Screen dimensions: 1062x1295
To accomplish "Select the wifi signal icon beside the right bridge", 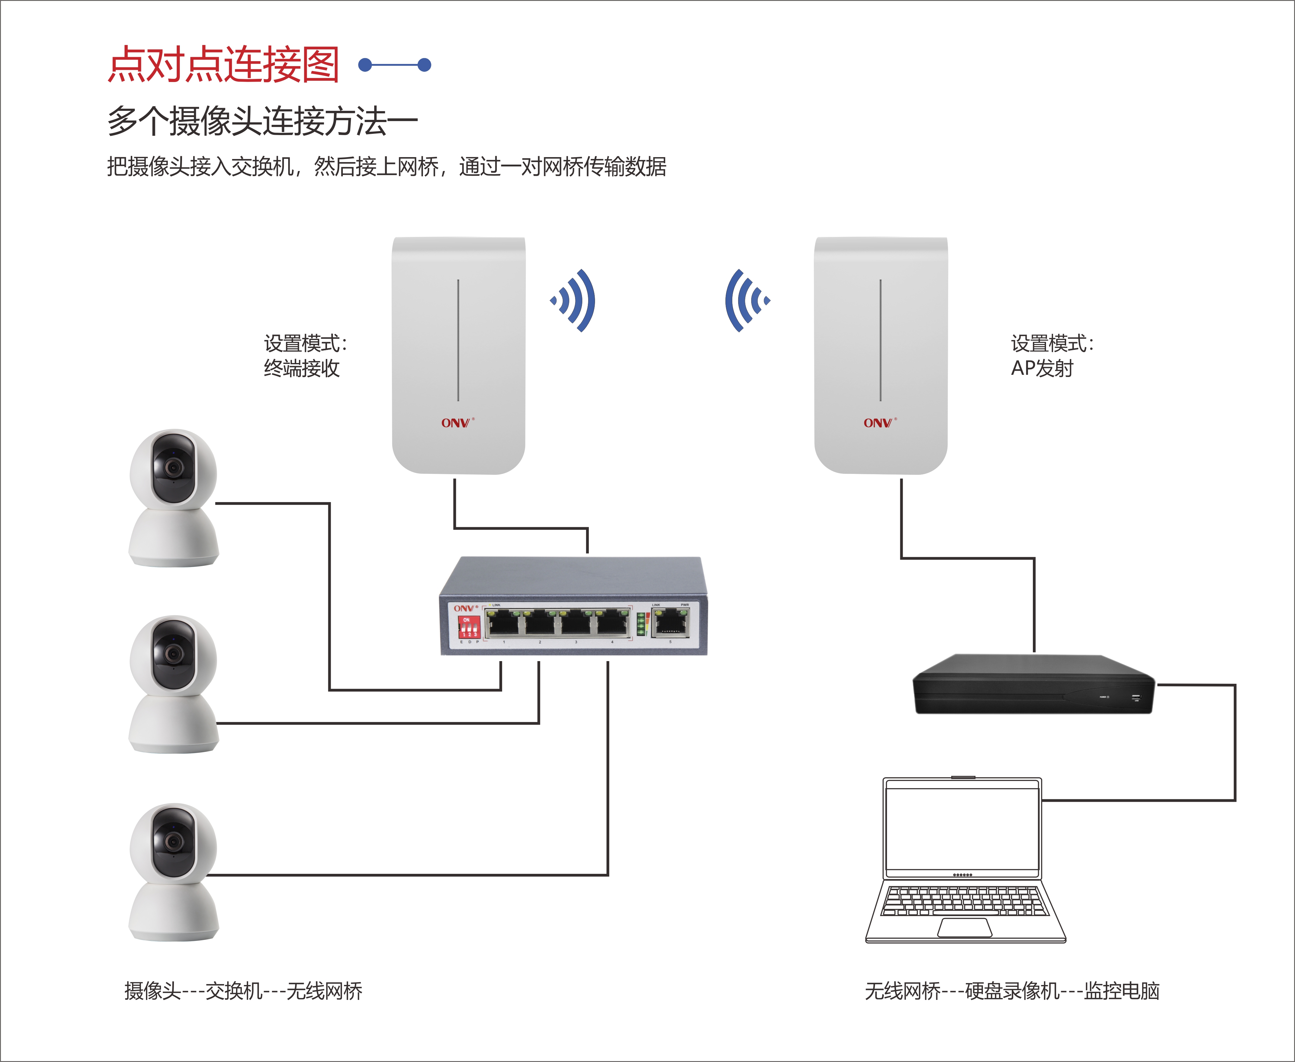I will click(746, 300).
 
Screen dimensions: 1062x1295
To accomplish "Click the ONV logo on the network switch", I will click(465, 608).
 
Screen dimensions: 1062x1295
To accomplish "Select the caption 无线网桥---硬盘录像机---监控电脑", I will click(1012, 991).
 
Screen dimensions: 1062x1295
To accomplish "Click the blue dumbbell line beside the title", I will click(395, 65).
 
